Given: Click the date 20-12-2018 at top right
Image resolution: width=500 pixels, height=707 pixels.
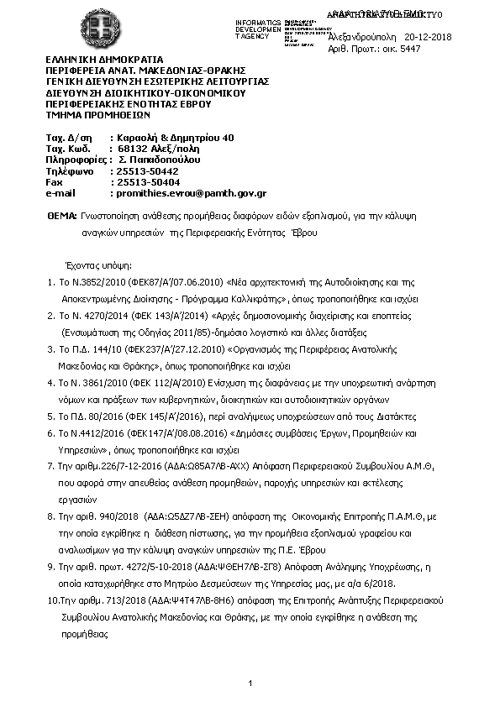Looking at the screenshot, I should point(428,37).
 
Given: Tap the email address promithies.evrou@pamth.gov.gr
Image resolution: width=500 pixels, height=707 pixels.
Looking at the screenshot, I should point(192,193).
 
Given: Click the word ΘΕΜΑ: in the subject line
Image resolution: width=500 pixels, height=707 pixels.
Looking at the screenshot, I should point(65,217).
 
